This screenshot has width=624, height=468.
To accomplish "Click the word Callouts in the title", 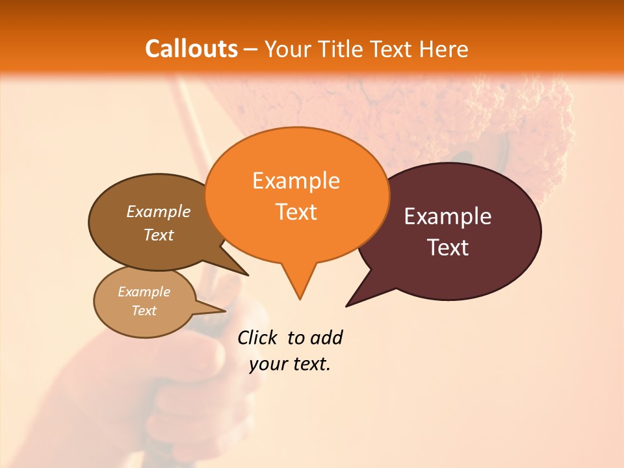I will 191,49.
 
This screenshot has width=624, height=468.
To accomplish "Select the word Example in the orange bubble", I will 296,181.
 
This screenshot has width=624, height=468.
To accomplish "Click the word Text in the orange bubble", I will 296,212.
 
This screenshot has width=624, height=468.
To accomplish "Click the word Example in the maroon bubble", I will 448,216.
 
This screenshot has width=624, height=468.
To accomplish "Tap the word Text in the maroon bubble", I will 448,248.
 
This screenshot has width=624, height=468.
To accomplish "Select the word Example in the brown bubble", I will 159,211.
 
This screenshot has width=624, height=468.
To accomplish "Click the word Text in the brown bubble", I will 159,235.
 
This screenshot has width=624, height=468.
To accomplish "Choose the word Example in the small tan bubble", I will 144,292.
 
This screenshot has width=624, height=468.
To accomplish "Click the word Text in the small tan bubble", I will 144,311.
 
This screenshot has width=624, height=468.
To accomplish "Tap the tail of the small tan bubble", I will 221,310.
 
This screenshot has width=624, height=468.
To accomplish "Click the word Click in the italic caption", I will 258,337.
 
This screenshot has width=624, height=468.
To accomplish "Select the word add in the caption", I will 326,337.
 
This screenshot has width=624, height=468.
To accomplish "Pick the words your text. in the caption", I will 290,365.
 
